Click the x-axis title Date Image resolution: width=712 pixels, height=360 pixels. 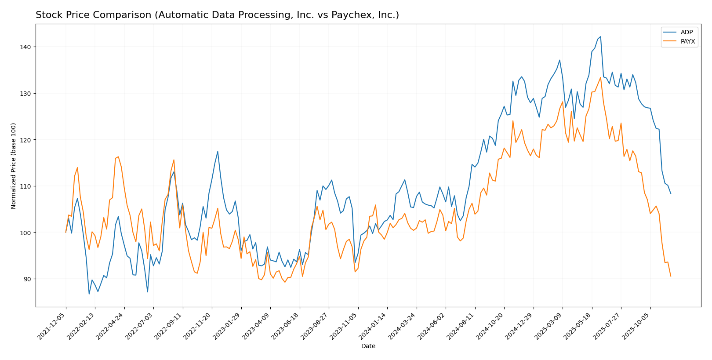point(368,346)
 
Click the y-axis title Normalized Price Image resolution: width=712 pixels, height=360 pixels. point(14,166)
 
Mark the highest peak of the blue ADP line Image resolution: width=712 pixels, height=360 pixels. point(600,36)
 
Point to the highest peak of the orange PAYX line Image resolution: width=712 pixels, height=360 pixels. point(600,77)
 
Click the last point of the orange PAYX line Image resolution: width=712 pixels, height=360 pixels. point(671,276)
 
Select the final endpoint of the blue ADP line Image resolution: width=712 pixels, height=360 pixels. point(671,193)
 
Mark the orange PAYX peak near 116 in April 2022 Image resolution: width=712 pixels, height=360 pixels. point(118,156)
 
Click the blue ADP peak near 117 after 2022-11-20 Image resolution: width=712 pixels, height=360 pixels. point(218,152)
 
